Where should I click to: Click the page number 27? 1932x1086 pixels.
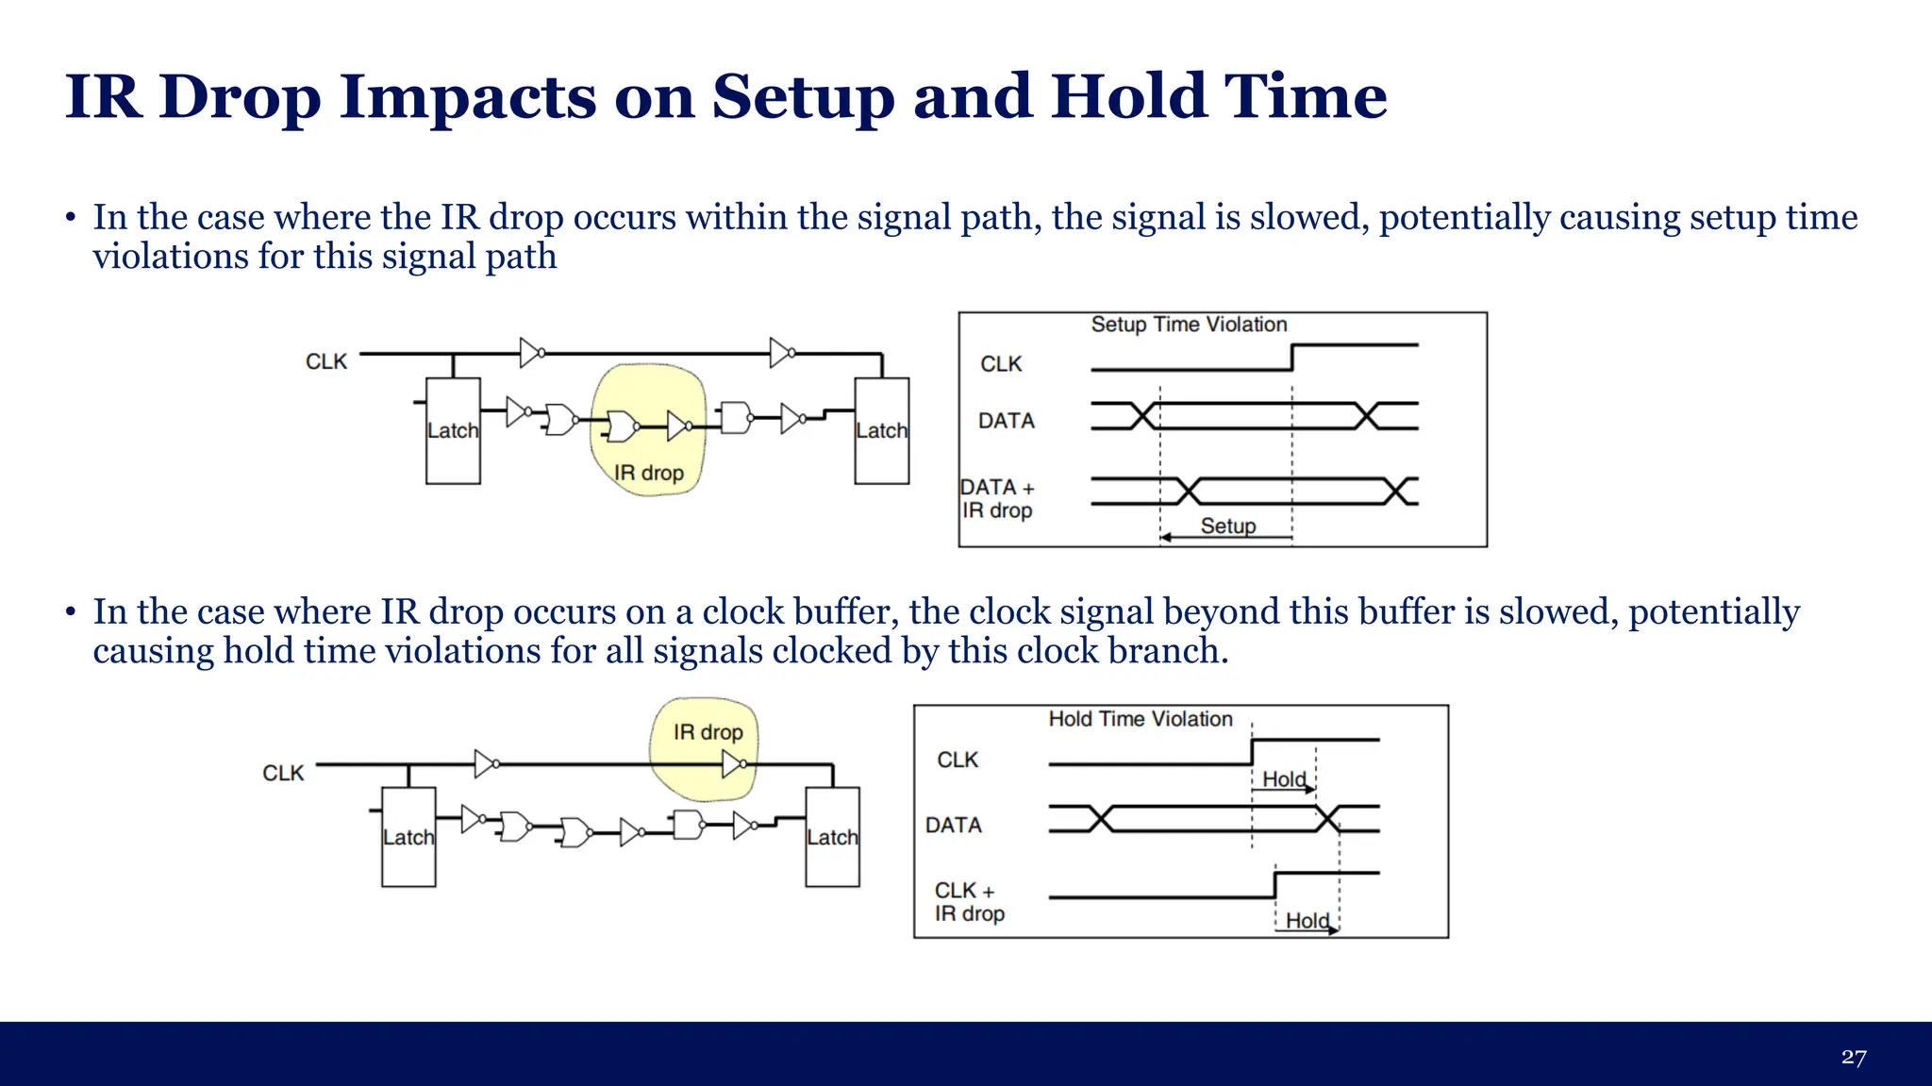tap(1853, 1057)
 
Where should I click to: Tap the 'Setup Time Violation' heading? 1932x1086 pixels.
tap(1189, 325)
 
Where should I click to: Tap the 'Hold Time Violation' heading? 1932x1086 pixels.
tap(1140, 719)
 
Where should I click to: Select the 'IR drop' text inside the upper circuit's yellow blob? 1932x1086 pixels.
tap(648, 473)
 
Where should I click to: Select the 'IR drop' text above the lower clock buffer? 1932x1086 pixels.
tap(708, 732)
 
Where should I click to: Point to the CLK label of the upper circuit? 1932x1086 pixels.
tap(326, 362)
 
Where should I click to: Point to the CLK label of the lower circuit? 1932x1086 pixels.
tap(283, 774)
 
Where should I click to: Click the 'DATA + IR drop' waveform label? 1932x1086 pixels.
tap(997, 499)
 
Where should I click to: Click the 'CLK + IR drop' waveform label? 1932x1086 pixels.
tap(969, 902)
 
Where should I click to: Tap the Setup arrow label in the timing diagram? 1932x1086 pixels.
tap(1227, 526)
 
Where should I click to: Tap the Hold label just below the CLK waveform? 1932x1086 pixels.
tap(1284, 779)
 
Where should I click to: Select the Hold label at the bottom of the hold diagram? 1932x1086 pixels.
tap(1307, 920)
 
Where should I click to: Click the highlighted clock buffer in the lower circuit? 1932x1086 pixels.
tap(734, 764)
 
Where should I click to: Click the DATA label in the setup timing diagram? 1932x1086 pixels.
tap(1006, 421)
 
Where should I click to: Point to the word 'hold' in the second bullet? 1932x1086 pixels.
tap(252, 651)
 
